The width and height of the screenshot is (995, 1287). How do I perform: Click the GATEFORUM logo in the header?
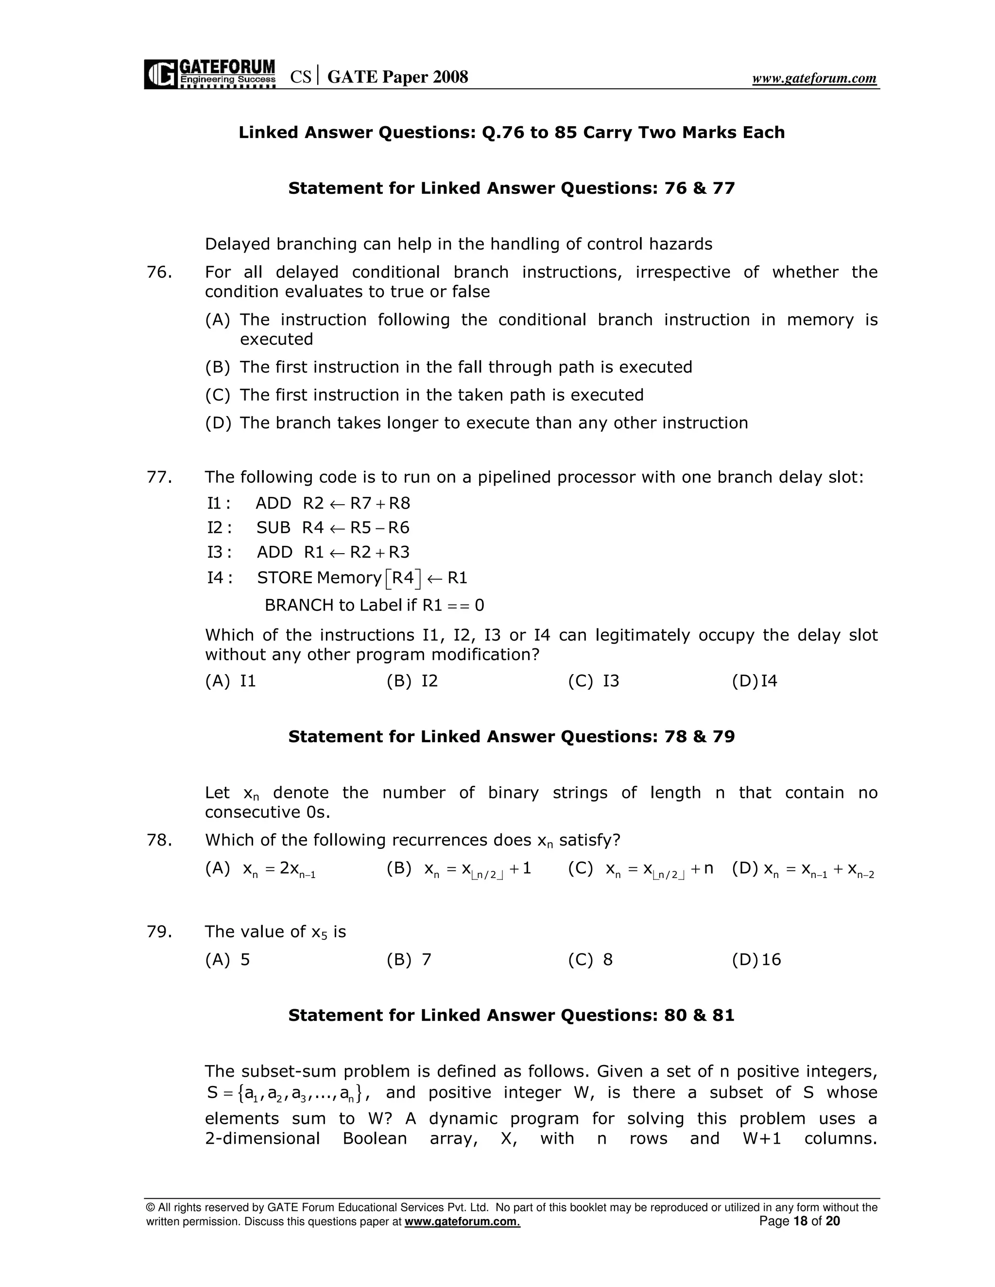209,74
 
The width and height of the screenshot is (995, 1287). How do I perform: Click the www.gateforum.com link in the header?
814,78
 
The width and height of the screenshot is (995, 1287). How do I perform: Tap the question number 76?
159,272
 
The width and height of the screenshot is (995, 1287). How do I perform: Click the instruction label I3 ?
219,552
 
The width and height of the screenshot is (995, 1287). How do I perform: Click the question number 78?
159,840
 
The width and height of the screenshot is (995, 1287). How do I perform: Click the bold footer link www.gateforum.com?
462,1221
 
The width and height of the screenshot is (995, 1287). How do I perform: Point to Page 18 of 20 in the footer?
799,1221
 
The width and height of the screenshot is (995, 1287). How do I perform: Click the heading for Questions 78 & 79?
511,737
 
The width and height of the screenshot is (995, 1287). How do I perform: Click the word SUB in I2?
273,527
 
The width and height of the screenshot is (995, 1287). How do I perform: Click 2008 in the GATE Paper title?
450,77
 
